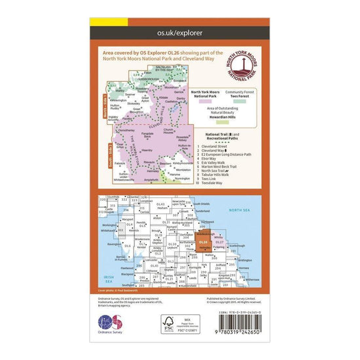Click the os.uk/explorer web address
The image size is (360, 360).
tap(180, 31)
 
